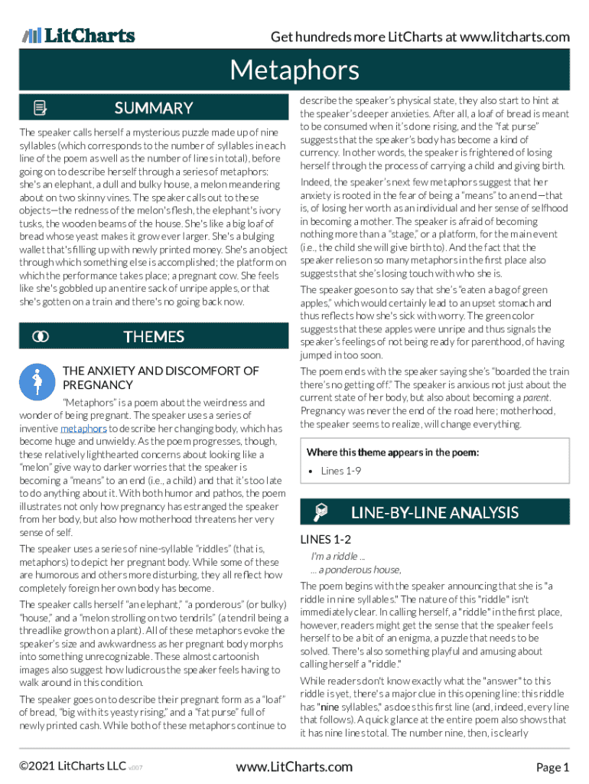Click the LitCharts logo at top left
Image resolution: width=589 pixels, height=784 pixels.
point(78,35)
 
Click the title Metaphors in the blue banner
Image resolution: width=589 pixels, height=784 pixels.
point(294,71)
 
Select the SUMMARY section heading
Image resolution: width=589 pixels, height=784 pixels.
point(154,108)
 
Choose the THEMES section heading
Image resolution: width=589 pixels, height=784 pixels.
point(154,337)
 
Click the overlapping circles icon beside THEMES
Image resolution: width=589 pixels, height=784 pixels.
point(41,337)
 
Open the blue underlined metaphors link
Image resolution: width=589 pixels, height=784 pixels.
point(83,429)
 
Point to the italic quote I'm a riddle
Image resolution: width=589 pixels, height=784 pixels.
point(337,557)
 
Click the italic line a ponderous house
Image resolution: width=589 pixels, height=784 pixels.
point(356,570)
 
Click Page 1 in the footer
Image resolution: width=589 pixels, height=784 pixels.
point(552,767)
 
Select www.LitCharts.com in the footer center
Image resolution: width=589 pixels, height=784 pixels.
point(294,767)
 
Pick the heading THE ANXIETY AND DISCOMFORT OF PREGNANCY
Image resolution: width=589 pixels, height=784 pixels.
point(161,378)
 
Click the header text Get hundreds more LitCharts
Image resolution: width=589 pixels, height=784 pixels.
point(420,37)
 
